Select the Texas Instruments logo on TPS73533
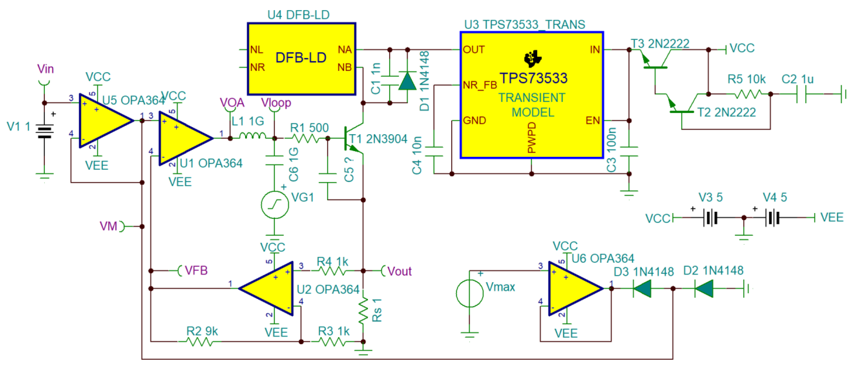(x=532, y=59)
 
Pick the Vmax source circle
(x=470, y=293)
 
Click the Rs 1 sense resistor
(x=363, y=310)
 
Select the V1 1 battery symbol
(x=44, y=132)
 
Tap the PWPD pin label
(x=532, y=137)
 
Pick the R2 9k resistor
(x=200, y=341)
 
